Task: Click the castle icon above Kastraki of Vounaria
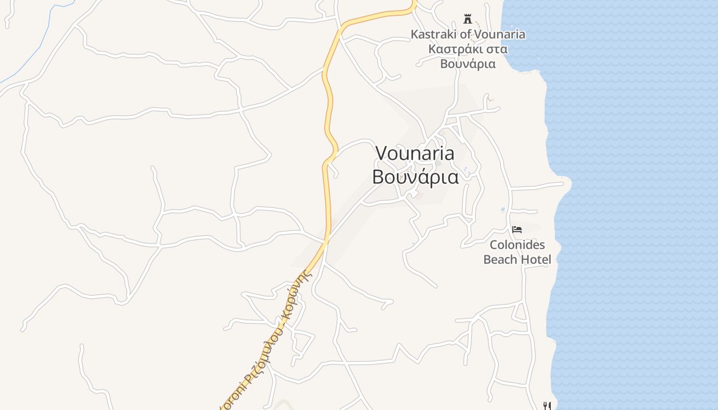[x=467, y=19]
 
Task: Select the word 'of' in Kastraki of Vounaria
[x=465, y=34]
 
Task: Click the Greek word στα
[x=496, y=49]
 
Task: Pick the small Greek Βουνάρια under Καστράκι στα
[x=468, y=64]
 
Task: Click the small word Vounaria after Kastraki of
[x=500, y=34]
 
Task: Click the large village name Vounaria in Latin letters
[x=415, y=153]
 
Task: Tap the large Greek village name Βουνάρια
[x=415, y=176]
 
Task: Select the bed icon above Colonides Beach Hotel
[x=517, y=230]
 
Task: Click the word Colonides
[x=517, y=245]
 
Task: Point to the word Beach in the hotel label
[x=501, y=259]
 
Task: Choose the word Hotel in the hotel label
[x=536, y=259]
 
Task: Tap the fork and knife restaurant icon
[x=547, y=406]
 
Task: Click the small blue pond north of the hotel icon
[x=503, y=210]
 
